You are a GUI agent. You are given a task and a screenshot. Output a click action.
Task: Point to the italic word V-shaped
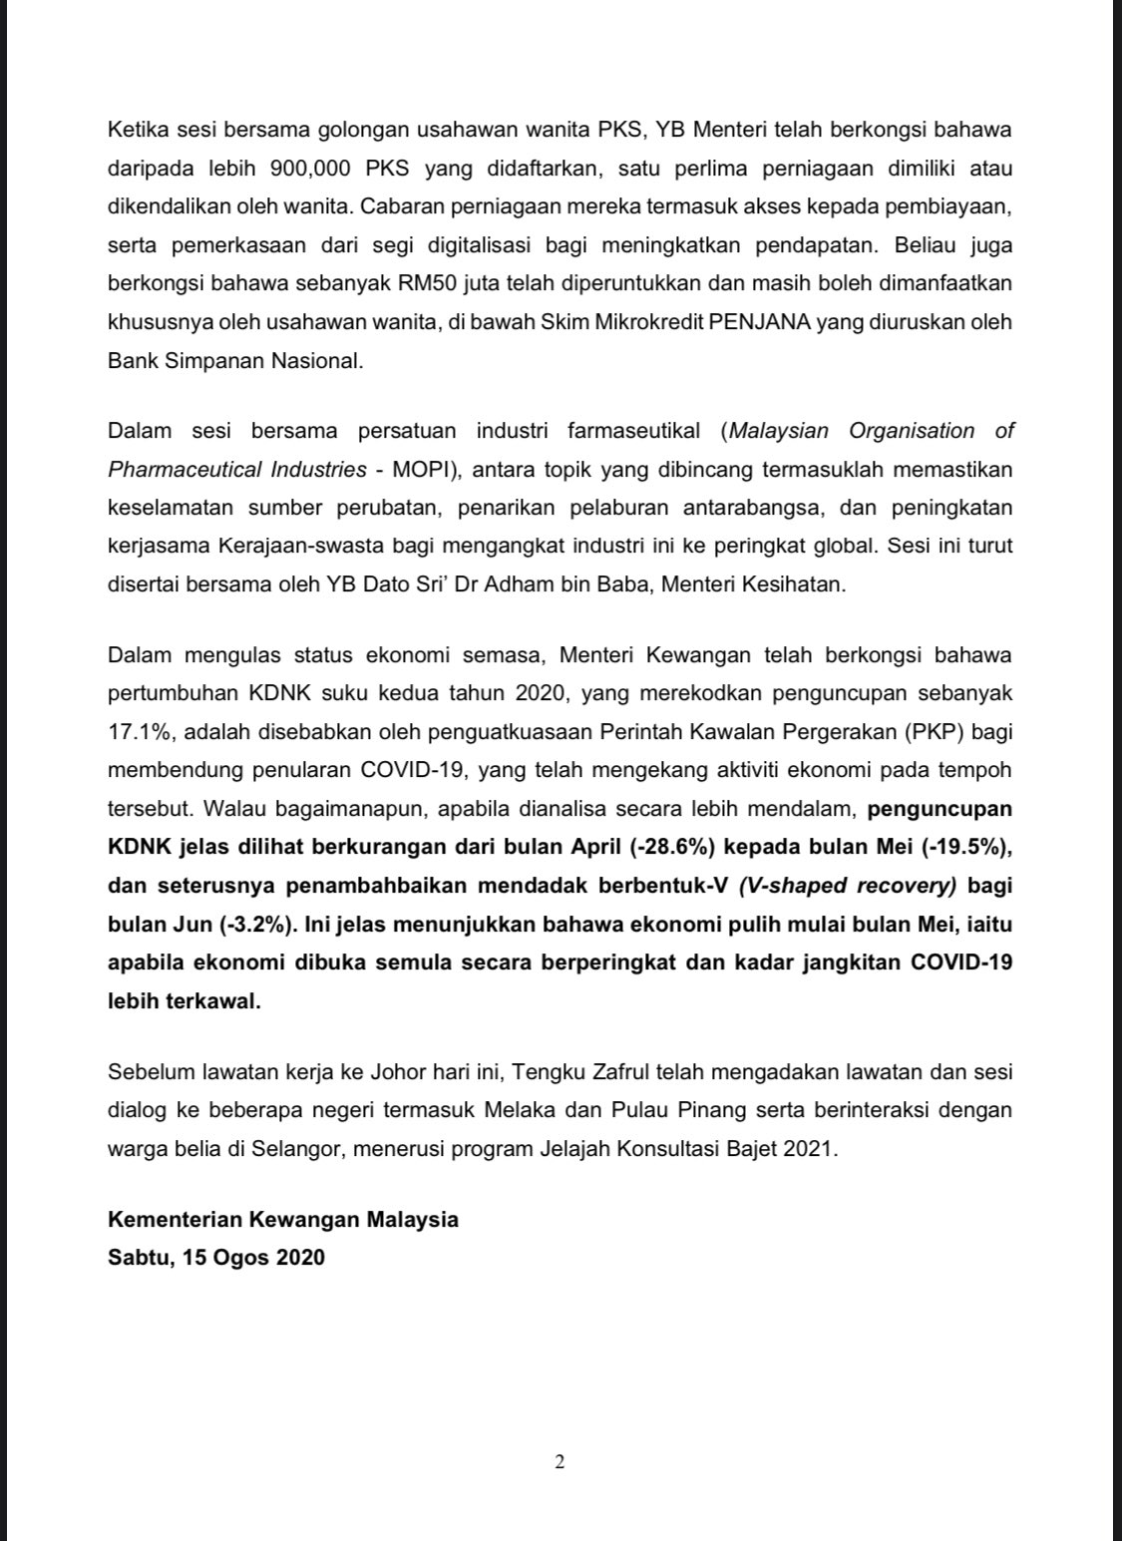tap(779, 886)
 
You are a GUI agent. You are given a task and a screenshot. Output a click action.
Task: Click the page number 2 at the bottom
tap(560, 1462)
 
